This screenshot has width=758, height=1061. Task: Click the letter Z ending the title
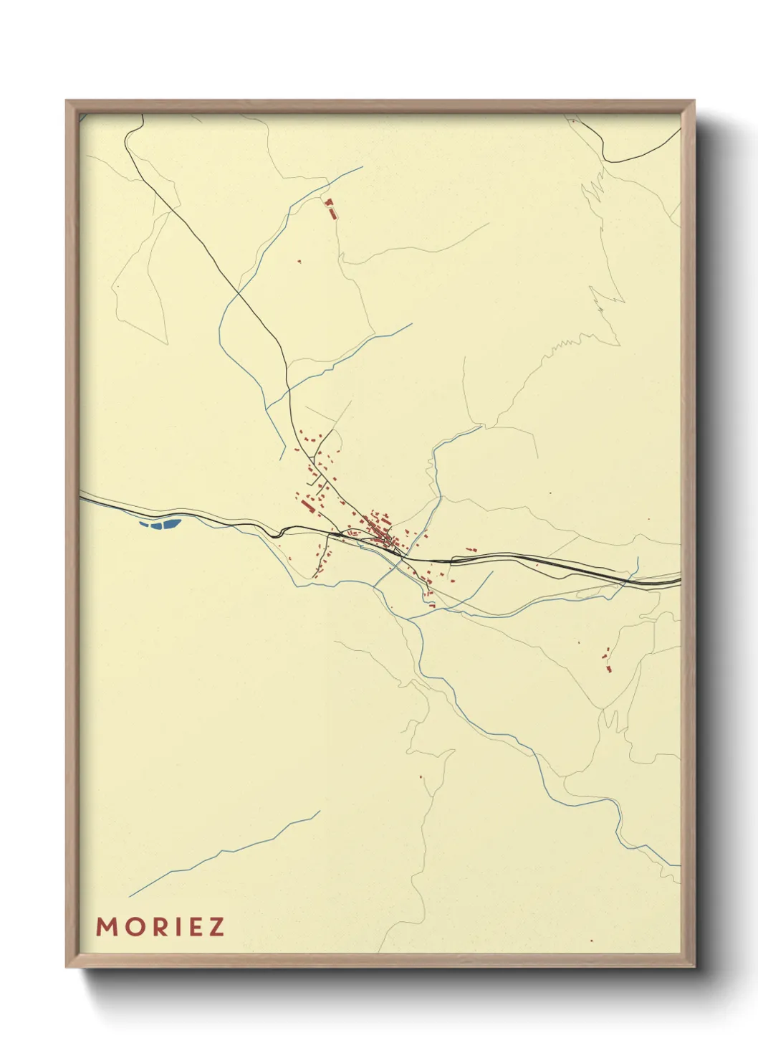coord(215,927)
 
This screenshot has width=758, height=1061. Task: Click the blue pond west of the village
coord(159,523)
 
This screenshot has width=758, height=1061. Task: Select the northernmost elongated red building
coord(330,209)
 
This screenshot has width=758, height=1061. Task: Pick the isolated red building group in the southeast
coord(608,660)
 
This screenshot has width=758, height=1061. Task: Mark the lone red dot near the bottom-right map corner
coord(591,940)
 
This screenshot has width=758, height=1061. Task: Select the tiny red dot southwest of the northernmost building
coord(299,262)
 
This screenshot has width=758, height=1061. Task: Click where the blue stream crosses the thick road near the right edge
coord(630,576)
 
